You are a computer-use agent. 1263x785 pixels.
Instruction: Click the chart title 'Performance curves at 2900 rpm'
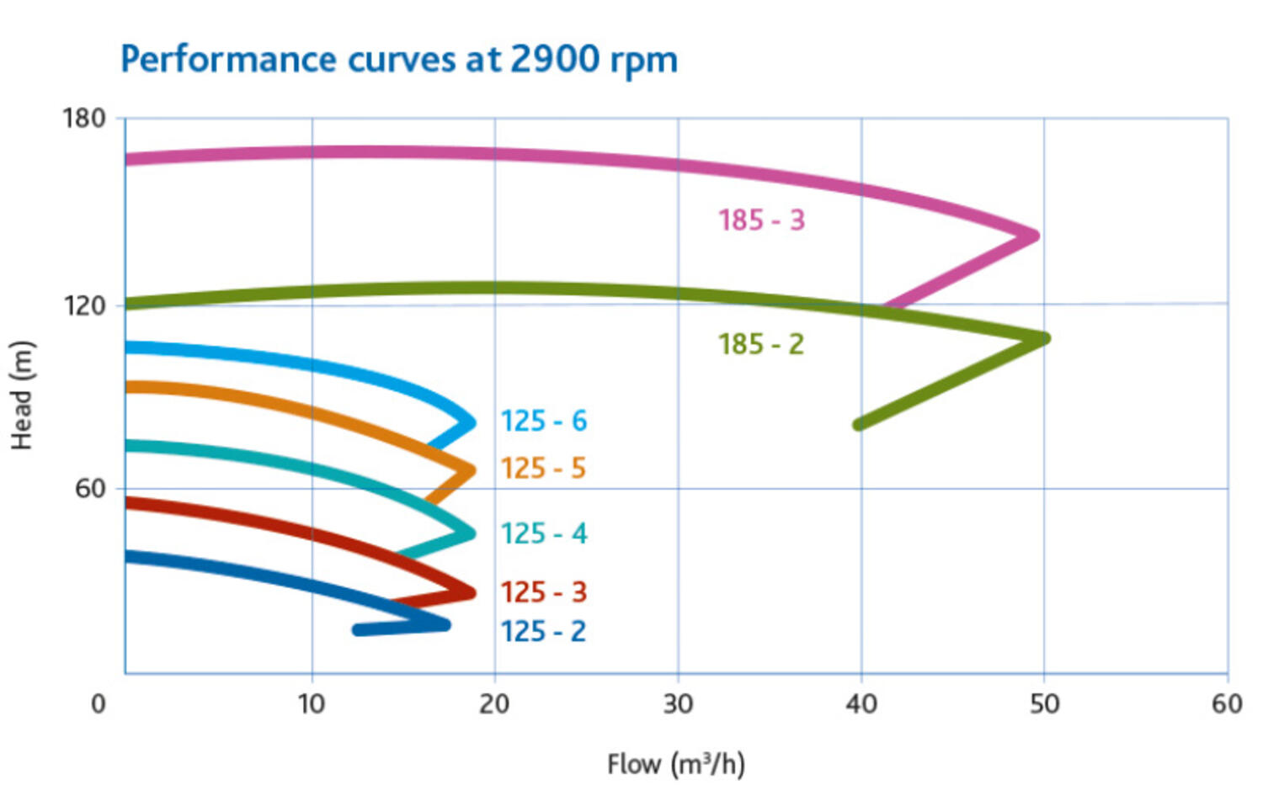click(x=398, y=61)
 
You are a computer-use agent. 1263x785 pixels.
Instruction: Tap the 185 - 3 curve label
click(x=761, y=220)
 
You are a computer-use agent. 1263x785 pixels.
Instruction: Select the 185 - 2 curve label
click(x=760, y=344)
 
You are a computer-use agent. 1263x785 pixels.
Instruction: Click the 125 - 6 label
click(x=543, y=421)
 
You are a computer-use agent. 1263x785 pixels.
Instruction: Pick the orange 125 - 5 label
click(x=543, y=468)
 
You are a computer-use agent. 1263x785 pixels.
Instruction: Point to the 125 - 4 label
click(x=543, y=533)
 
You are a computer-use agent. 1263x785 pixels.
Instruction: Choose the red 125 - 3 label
click(x=543, y=592)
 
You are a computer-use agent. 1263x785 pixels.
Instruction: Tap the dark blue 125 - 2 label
click(x=543, y=631)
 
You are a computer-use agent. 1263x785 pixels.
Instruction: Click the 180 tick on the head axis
click(x=84, y=119)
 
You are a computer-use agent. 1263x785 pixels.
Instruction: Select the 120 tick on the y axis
click(x=84, y=305)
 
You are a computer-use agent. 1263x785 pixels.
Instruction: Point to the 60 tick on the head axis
click(x=90, y=488)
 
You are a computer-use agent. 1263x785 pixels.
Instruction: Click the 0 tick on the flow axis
click(x=99, y=703)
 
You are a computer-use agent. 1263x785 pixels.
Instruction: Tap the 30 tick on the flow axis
click(x=678, y=703)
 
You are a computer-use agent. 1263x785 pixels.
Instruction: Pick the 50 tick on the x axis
click(x=1044, y=703)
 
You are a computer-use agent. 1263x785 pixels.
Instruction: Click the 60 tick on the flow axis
click(x=1227, y=703)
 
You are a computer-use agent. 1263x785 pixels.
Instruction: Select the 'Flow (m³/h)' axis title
click(x=675, y=764)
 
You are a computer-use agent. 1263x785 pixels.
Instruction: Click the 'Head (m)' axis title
click(x=21, y=395)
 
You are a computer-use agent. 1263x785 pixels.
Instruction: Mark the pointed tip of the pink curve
click(x=1036, y=236)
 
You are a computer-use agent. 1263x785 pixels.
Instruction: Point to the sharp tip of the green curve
click(x=1046, y=338)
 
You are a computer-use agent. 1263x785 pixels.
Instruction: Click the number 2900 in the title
click(x=555, y=60)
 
